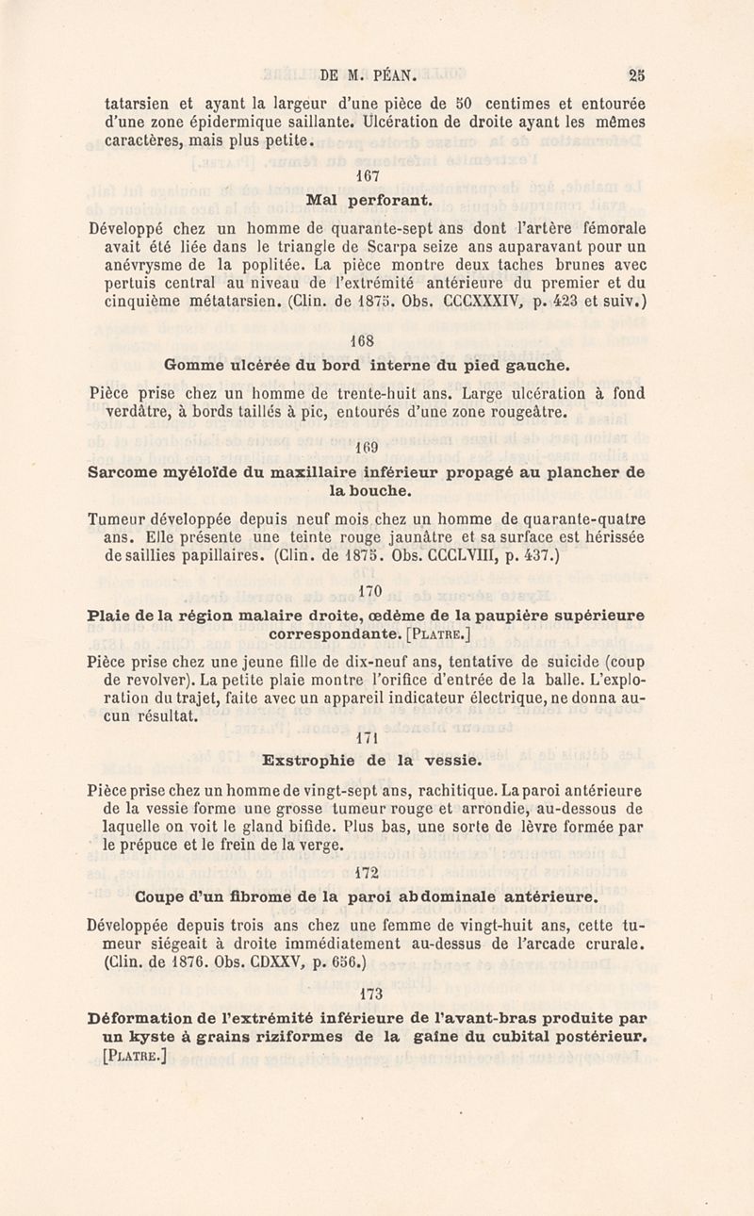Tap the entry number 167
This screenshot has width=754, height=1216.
368,176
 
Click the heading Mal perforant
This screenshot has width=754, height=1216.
369,200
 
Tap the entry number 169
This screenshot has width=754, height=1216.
369,448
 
